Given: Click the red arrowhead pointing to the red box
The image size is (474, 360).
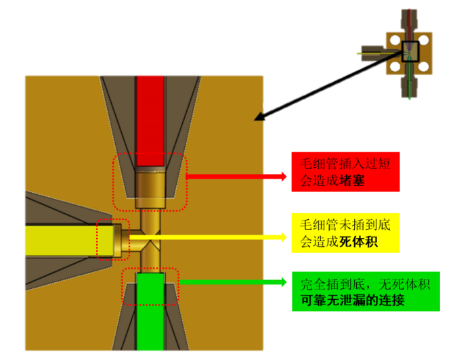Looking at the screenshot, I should (284, 177).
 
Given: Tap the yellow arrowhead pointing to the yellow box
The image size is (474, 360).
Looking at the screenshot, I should (284, 237).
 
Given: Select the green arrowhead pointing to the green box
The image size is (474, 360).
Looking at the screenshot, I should (284, 282).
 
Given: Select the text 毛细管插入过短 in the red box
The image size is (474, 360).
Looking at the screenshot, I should (345, 163).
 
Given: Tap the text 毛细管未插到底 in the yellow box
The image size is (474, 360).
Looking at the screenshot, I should (345, 224).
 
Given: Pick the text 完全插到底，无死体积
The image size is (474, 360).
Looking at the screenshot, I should (365, 284).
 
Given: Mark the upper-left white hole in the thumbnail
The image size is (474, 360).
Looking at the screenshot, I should (395, 40).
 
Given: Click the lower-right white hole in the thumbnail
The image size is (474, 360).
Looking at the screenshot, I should (424, 66).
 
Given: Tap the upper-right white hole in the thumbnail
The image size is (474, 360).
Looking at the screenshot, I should (424, 40).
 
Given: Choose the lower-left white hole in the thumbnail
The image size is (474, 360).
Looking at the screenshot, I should (395, 66).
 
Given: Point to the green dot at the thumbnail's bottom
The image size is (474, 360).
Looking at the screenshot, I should (409, 99).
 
